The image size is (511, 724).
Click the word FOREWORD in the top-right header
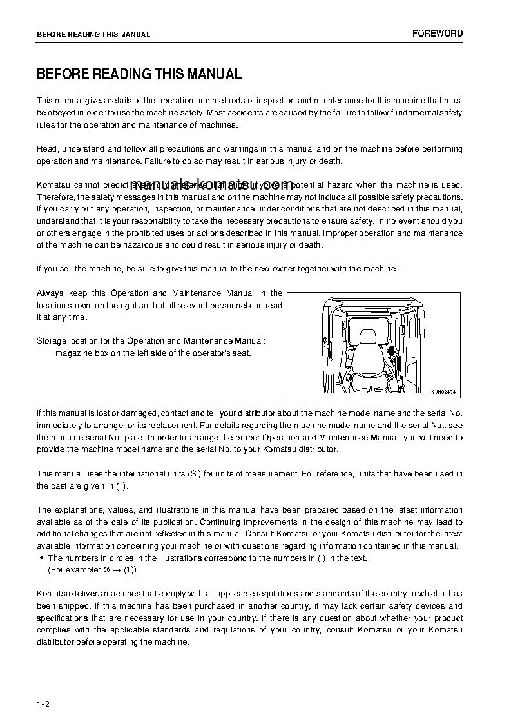pyautogui.click(x=438, y=34)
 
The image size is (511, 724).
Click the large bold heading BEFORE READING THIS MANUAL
pyautogui.click(x=139, y=75)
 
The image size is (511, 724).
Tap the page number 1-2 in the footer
pyautogui.click(x=43, y=703)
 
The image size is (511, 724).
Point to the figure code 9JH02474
pyautogui.click(x=444, y=391)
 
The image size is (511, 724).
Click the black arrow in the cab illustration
pyautogui.click(x=390, y=351)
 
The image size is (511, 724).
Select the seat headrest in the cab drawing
pyautogui.click(x=368, y=337)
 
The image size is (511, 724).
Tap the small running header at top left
pyautogui.click(x=93, y=35)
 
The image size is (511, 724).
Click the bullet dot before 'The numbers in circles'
pyautogui.click(x=41, y=558)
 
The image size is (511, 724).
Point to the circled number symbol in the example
pyautogui.click(x=106, y=571)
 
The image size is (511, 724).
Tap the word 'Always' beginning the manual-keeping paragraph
pyautogui.click(x=50, y=293)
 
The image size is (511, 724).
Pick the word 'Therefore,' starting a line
pyautogui.click(x=56, y=197)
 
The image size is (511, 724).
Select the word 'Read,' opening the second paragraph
pyautogui.click(x=48, y=149)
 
